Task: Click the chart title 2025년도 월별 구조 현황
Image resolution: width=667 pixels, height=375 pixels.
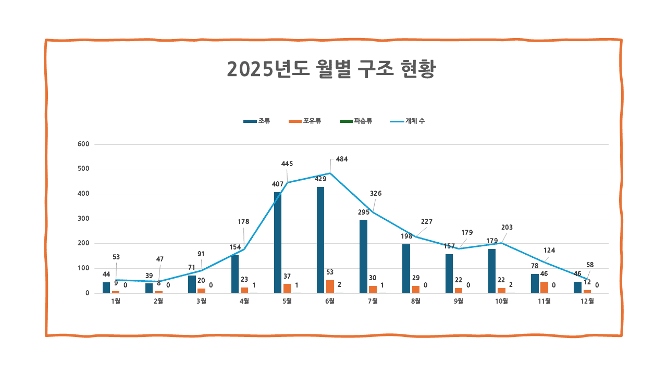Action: [331, 69]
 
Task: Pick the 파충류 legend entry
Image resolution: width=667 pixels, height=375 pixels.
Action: [356, 121]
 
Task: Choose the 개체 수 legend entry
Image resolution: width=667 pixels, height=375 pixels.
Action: [408, 121]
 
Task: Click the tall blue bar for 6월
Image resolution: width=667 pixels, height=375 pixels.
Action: [320, 240]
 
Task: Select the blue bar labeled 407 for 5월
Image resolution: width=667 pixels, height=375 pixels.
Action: [278, 243]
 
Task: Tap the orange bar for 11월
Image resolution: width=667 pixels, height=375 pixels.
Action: [544, 287]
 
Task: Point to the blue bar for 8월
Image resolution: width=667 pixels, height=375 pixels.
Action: [406, 268]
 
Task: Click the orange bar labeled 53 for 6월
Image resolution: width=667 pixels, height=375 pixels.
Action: [330, 286]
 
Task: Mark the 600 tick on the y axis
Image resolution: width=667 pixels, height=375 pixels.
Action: [84, 144]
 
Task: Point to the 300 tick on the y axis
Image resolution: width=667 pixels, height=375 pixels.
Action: [84, 219]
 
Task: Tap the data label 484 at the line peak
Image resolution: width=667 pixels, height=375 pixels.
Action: [342, 159]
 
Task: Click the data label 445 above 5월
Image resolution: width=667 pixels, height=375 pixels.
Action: [287, 164]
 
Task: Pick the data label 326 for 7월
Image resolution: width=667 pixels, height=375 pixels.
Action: [376, 193]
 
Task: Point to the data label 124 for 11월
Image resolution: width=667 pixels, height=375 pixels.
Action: [549, 250]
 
